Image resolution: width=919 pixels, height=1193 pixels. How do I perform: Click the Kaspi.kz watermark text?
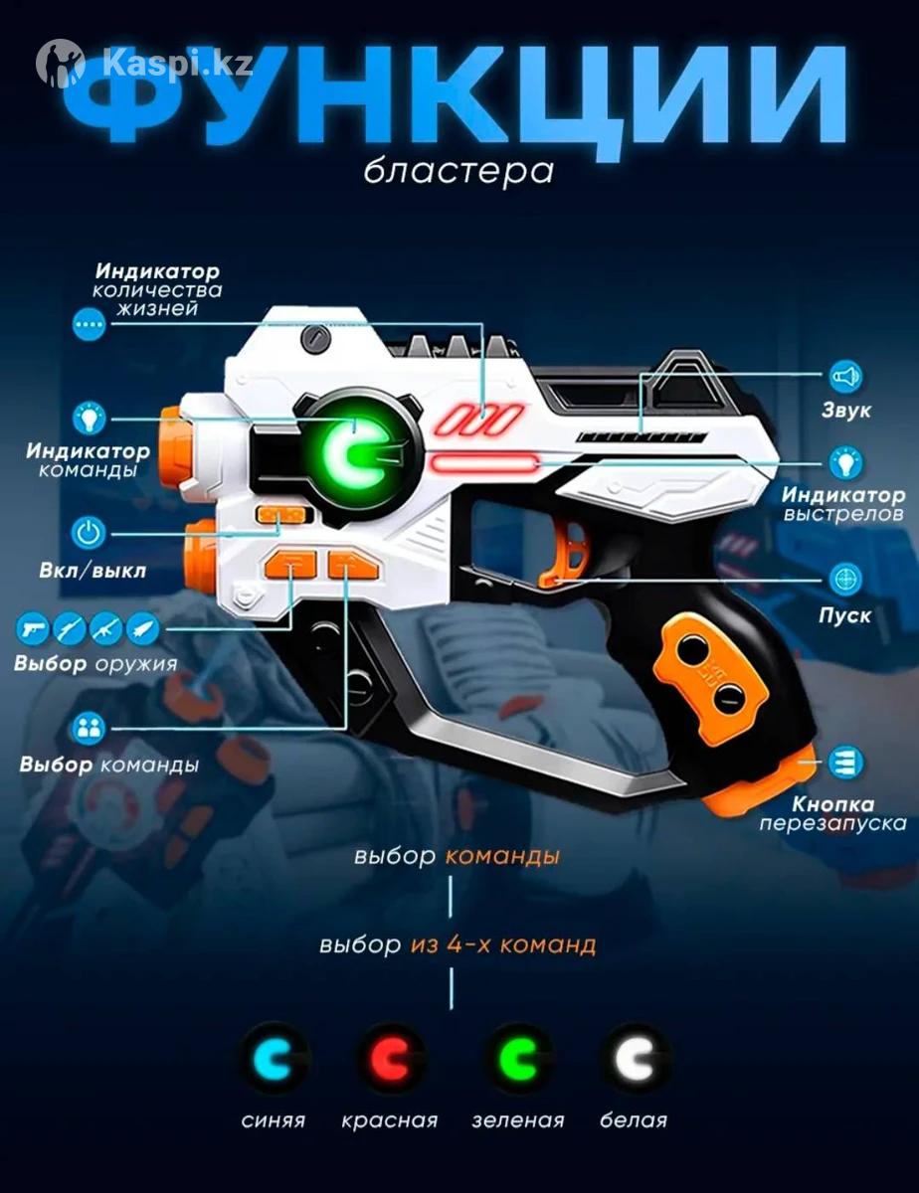coord(177,65)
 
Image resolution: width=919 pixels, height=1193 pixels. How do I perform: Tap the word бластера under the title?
coord(459,171)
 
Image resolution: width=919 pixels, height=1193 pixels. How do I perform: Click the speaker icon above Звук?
coord(846,377)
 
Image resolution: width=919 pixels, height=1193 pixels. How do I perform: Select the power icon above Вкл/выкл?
coord(89,533)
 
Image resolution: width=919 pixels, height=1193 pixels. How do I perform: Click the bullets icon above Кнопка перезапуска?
coord(846,762)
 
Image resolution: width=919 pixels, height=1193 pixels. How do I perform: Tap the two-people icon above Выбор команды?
coord(88,729)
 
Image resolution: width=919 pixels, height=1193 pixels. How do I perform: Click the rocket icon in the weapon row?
coord(143,628)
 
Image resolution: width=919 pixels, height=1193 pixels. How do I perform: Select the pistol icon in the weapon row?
coord(33,628)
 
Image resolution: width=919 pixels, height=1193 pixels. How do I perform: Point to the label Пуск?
coord(844,615)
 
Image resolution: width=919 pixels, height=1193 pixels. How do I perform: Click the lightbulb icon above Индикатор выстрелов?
coord(846,463)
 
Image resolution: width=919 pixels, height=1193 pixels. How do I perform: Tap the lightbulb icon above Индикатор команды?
coord(89,419)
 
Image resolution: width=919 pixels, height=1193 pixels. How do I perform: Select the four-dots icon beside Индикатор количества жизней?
coord(89,323)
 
